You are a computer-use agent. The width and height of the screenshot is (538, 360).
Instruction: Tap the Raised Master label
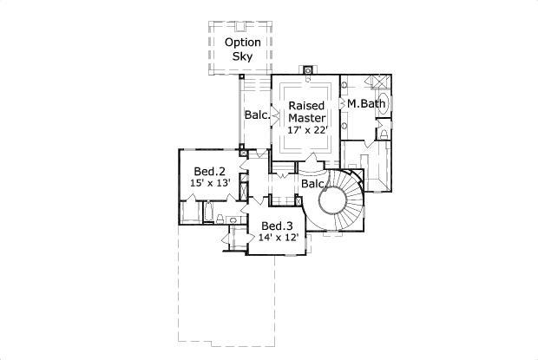[306, 112]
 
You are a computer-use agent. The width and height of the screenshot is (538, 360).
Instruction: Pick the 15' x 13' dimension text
[210, 183]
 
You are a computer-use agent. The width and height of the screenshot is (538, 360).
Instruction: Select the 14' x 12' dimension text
[279, 237]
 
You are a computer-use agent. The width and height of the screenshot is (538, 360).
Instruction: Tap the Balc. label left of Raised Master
[256, 115]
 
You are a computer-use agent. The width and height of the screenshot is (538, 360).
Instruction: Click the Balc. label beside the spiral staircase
[313, 185]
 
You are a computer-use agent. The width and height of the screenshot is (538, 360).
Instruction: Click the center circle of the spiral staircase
[334, 202]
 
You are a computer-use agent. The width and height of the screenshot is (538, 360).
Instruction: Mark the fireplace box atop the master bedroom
[307, 68]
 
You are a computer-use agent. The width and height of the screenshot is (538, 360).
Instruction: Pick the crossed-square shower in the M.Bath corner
[379, 81]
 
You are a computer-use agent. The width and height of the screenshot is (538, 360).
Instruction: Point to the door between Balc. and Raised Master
[273, 114]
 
